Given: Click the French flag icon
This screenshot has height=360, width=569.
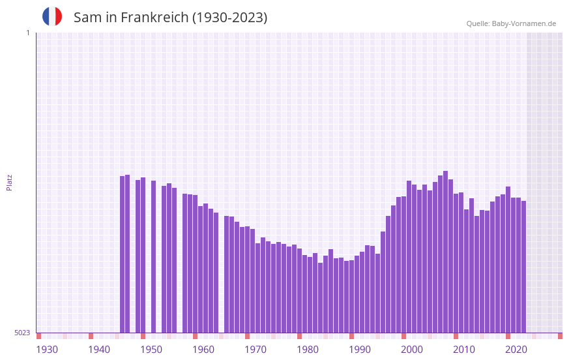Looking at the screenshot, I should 52,16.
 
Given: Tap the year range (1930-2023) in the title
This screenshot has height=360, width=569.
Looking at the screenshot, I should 229,18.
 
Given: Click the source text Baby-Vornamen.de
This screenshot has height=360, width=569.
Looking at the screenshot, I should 523,23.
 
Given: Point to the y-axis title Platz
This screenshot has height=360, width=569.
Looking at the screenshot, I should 9,182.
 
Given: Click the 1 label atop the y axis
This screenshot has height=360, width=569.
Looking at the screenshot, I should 27,33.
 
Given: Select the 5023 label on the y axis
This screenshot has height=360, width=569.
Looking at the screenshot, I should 22,333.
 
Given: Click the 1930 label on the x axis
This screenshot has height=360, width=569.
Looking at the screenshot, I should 47,350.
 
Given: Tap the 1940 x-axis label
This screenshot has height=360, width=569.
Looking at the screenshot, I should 99,350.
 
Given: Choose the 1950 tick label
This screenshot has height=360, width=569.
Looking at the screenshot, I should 151,350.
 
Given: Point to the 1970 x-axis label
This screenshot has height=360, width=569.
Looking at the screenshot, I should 255,350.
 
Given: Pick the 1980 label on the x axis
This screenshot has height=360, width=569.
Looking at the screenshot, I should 308,350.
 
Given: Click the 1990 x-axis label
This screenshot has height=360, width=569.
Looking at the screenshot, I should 360,350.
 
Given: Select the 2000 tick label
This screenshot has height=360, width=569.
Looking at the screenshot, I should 412,350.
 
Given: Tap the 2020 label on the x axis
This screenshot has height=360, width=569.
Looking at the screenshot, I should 516,350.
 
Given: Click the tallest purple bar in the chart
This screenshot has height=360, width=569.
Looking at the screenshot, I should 445,251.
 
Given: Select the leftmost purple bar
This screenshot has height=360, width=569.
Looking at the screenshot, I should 122,254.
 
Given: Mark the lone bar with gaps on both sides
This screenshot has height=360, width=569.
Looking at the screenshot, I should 153,256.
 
